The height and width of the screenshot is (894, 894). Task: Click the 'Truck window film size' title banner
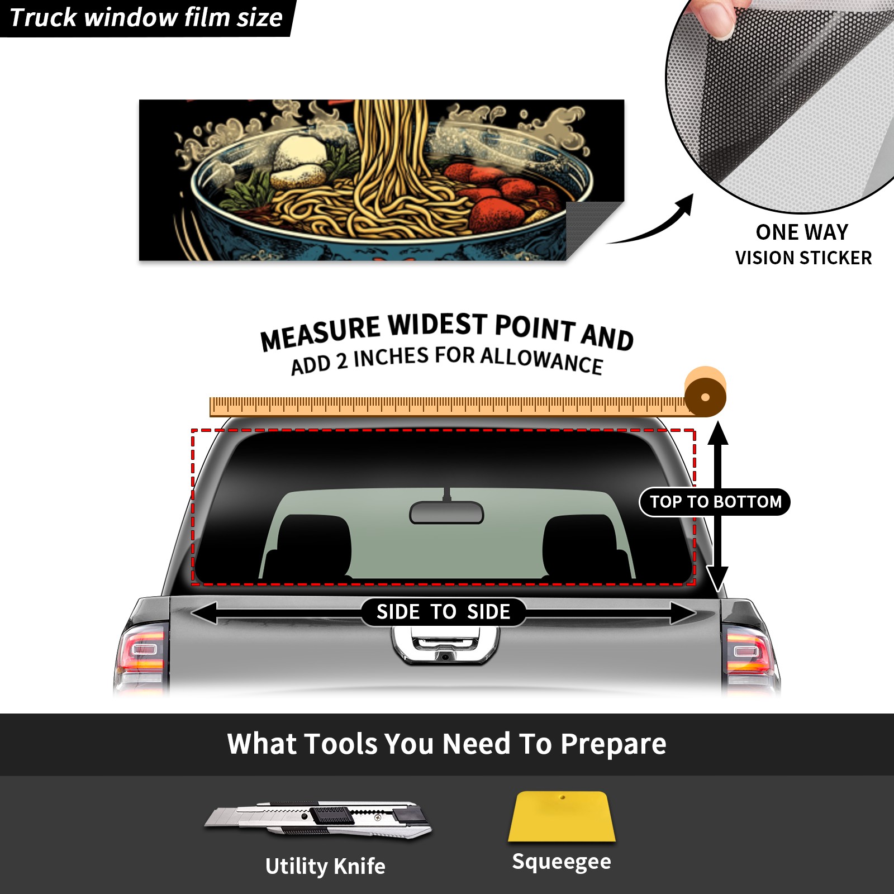click(x=146, y=18)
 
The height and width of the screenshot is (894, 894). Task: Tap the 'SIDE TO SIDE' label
click(x=443, y=612)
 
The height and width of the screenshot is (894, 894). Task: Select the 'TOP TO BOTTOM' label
click(x=715, y=502)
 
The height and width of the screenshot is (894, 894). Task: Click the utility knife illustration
click(x=317, y=820)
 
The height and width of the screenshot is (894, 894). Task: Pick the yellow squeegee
click(x=562, y=816)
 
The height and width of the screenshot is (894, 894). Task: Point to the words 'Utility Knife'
click(x=325, y=866)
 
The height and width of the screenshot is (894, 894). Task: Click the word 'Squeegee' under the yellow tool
click(x=562, y=862)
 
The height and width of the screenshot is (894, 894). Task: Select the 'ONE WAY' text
click(x=802, y=232)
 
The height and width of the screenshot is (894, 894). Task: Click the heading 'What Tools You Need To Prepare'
click(x=447, y=744)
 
